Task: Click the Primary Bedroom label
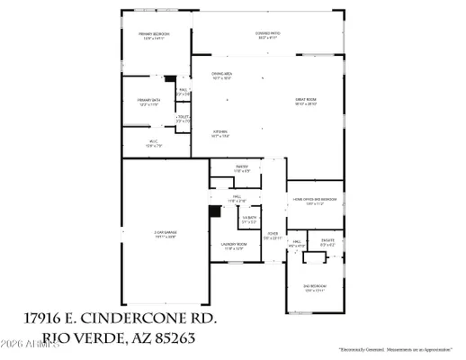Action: pos(154,35)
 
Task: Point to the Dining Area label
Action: pos(222,75)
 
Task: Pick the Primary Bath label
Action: pos(148,101)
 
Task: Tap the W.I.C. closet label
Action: pos(153,142)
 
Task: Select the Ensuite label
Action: pos(329,240)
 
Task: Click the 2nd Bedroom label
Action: pos(313,287)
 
